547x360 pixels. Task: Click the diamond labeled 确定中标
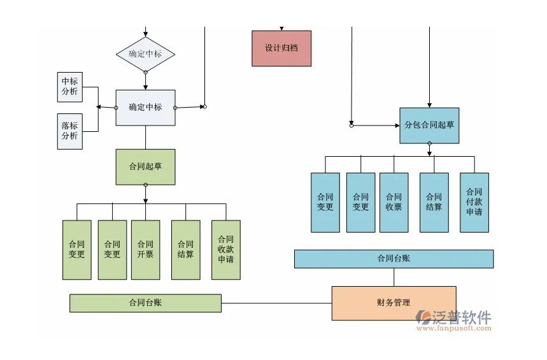(x=145, y=54)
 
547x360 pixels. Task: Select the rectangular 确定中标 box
(x=145, y=108)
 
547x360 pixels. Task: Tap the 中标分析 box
(x=69, y=87)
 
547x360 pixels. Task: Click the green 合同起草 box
(x=145, y=167)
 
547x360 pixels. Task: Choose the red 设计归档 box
(x=281, y=48)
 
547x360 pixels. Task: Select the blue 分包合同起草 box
(x=429, y=126)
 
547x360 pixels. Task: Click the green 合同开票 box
(x=145, y=250)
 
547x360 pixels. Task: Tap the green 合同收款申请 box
(x=225, y=250)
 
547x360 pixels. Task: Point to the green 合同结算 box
(x=185, y=250)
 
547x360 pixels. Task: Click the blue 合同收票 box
(x=394, y=202)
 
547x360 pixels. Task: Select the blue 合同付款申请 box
(x=474, y=202)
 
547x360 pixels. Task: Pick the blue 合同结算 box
(x=434, y=202)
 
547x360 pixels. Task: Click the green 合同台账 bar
(x=145, y=303)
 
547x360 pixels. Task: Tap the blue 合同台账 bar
(x=394, y=259)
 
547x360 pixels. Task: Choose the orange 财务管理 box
(x=394, y=303)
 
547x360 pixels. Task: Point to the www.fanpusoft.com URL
(x=458, y=329)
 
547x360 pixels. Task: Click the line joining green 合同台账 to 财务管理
(x=276, y=303)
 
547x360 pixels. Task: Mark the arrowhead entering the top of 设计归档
(x=281, y=29)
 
